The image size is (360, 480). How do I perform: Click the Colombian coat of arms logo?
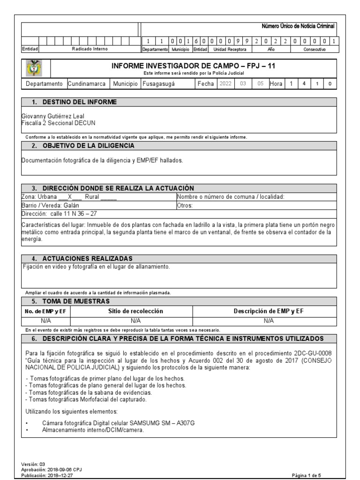coord(35,68)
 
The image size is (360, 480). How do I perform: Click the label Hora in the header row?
coord(276,84)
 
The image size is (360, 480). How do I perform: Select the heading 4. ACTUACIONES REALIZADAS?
coord(82,259)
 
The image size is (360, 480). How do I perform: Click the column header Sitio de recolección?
coord(136,311)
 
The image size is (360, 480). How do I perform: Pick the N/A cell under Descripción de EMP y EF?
coord(269,321)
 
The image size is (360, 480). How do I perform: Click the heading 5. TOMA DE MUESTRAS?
coord(70,301)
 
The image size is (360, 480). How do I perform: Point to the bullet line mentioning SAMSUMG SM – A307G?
coord(125,423)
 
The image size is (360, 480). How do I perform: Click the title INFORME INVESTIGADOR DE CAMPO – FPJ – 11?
coord(193,66)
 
